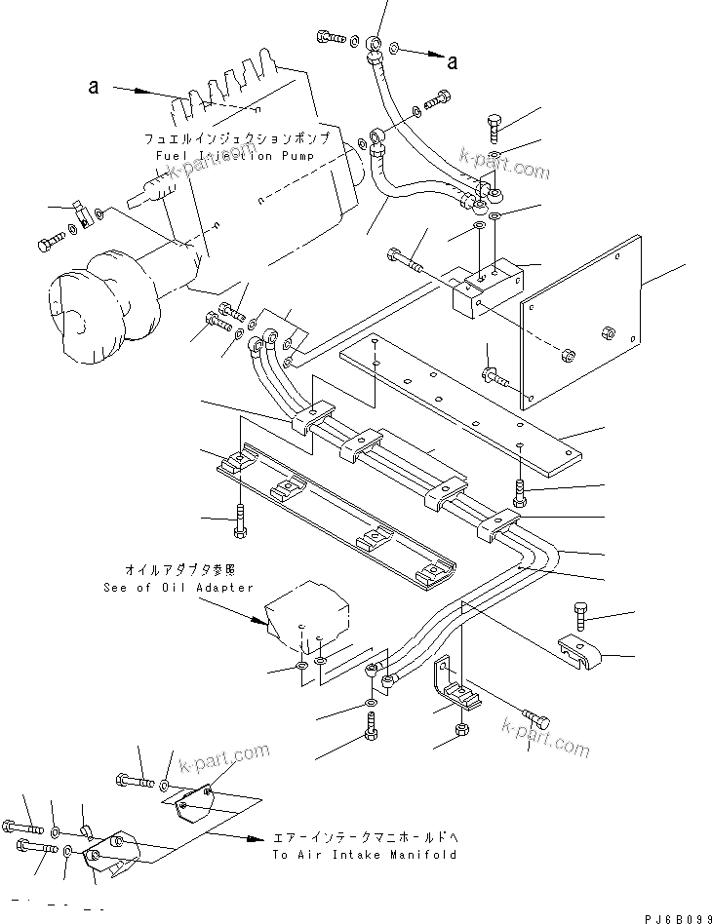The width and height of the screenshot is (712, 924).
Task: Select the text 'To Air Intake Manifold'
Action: tap(364, 855)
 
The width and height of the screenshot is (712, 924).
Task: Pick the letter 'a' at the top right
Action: tap(452, 63)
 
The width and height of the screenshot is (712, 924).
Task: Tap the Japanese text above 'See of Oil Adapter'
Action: tap(179, 569)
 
